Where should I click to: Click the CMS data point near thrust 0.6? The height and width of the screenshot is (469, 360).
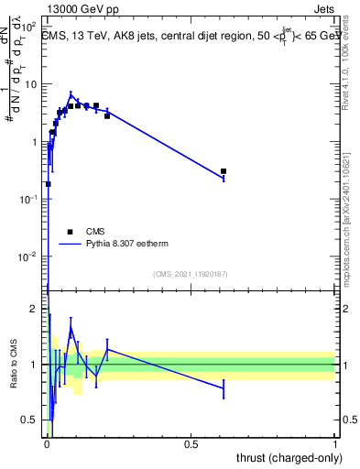[224, 171]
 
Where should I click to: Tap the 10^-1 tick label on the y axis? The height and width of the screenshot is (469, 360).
[32, 199]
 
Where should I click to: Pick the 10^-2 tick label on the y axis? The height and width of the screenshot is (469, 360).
[32, 256]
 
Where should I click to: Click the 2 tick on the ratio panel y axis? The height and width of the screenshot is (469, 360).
[39, 309]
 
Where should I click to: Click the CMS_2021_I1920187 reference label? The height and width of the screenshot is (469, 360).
[190, 274]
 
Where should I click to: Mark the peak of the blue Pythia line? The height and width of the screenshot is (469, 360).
[71, 94]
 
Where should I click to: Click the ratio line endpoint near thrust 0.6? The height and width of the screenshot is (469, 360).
[224, 388]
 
